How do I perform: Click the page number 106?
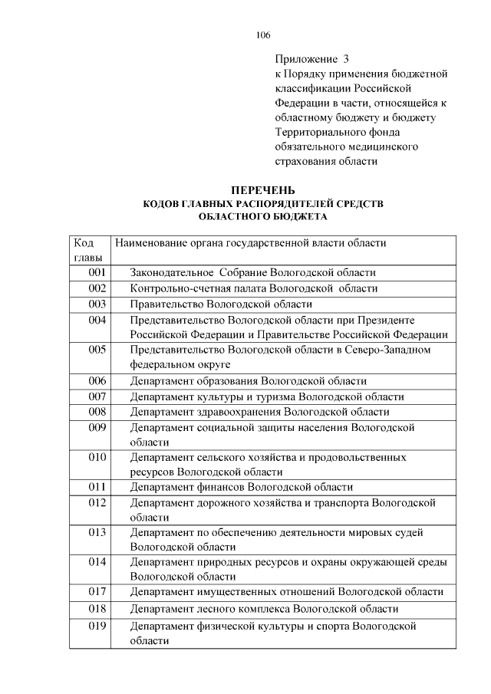coord(263,35)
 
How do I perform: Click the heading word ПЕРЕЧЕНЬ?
coord(263,191)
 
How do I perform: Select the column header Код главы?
coord(89,250)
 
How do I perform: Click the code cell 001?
coord(97,272)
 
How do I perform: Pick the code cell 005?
coord(97,350)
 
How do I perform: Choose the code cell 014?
coord(97,562)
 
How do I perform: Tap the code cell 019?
coord(97,626)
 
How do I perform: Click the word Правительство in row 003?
coord(162,304)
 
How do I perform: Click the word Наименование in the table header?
coord(153,243)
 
